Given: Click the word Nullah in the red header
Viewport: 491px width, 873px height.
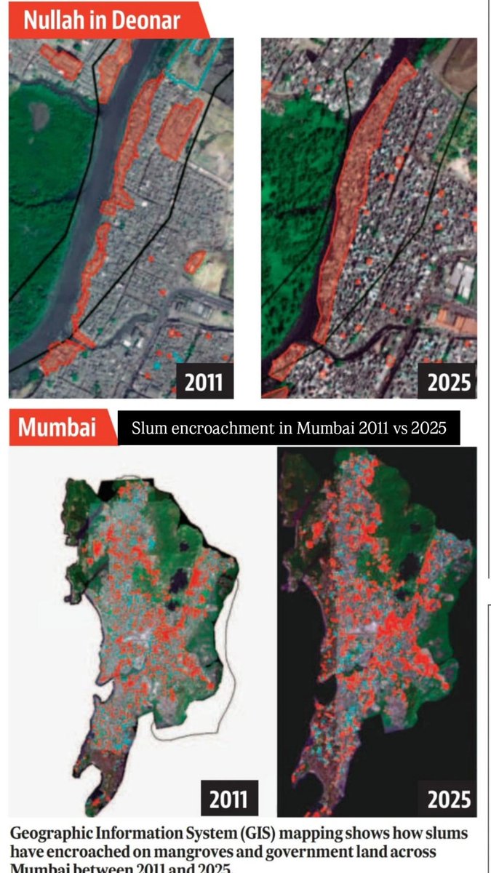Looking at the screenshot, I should pyautogui.click(x=50, y=20).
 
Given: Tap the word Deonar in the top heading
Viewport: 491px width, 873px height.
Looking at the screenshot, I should pyautogui.click(x=145, y=20).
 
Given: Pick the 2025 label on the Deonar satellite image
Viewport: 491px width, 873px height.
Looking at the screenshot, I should pyautogui.click(x=450, y=382).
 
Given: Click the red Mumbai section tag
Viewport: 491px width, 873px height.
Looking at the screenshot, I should pyautogui.click(x=57, y=427).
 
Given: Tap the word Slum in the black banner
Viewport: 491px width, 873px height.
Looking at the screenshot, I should pyautogui.click(x=147, y=429).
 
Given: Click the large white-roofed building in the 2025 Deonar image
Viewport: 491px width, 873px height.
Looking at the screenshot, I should pyautogui.click(x=461, y=280).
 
